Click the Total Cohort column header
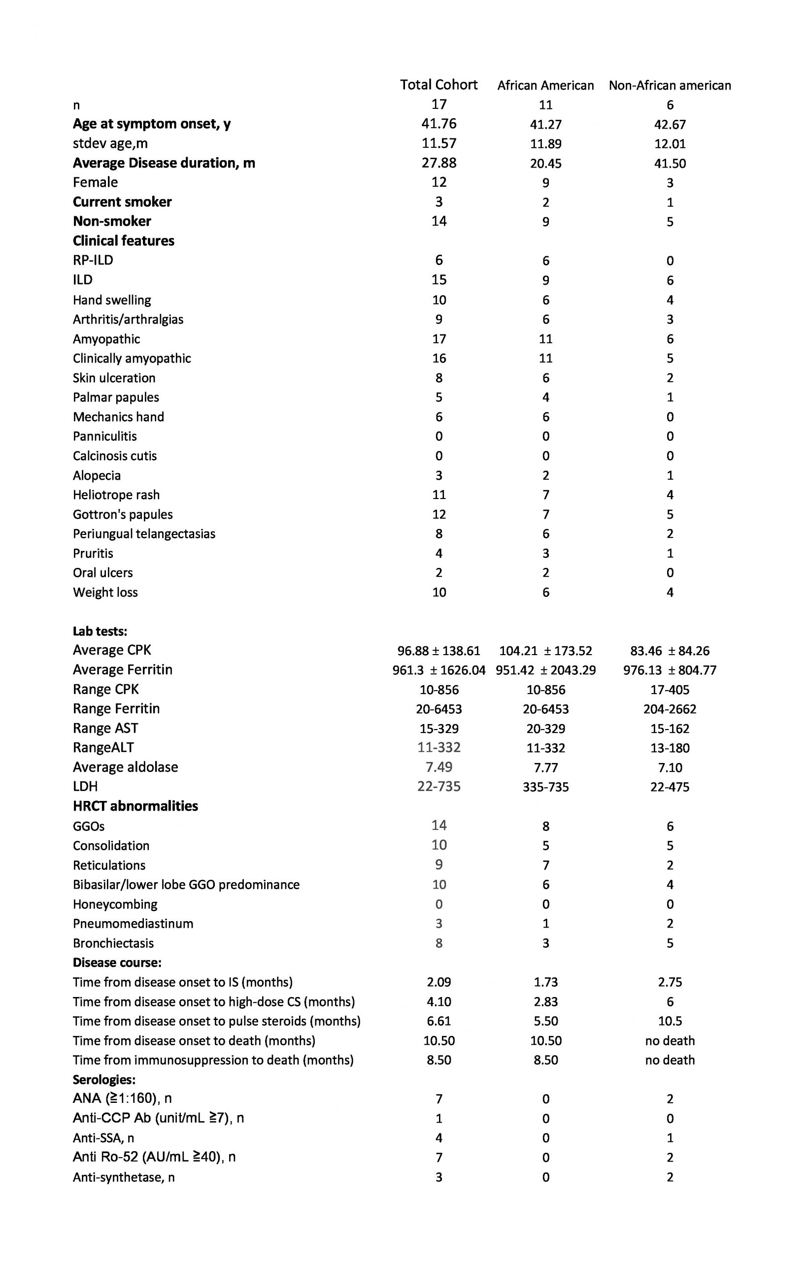point(438,85)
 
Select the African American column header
point(545,86)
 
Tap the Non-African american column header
point(670,86)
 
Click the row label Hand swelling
point(112,300)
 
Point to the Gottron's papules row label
point(122,514)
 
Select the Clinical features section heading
point(124,240)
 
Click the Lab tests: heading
point(100,631)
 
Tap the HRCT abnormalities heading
point(135,806)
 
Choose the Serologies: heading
point(104,1080)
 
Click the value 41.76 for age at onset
point(438,124)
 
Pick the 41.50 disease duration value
point(670,164)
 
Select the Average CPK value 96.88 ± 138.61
point(438,651)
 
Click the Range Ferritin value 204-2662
point(670,709)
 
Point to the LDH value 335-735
point(545,787)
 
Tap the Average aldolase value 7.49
point(438,767)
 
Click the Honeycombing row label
point(115,904)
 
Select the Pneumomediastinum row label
point(133,923)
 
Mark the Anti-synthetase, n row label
point(124,1177)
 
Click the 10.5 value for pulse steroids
point(670,1021)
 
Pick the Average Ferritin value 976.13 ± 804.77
point(670,670)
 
